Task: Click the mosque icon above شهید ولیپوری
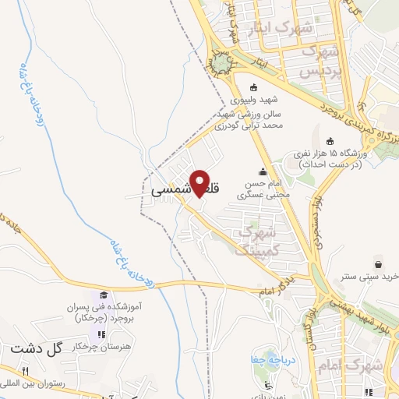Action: tap(252, 88)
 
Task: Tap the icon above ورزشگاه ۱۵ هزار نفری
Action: tap(330, 141)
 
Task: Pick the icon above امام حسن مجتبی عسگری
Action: tap(263, 172)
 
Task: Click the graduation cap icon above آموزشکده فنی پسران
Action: tap(104, 295)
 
